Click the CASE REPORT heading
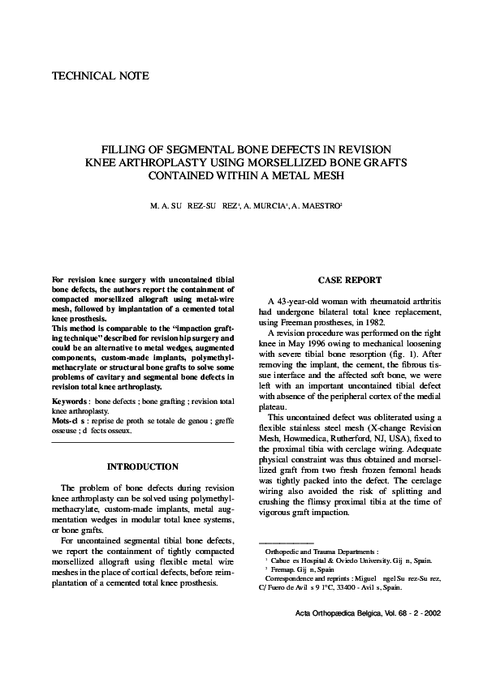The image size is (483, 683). point(350,280)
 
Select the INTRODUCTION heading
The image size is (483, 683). point(143,466)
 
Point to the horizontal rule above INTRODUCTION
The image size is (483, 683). point(143,442)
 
